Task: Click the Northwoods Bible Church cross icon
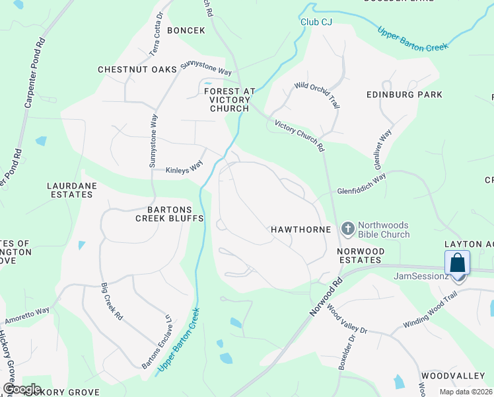click(x=347, y=228)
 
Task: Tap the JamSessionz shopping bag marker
click(x=458, y=264)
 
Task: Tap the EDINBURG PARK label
click(x=404, y=95)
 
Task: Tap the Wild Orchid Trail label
click(x=317, y=95)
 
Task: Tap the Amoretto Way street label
click(x=27, y=315)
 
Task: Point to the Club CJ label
click(x=316, y=22)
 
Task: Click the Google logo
click(x=22, y=388)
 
